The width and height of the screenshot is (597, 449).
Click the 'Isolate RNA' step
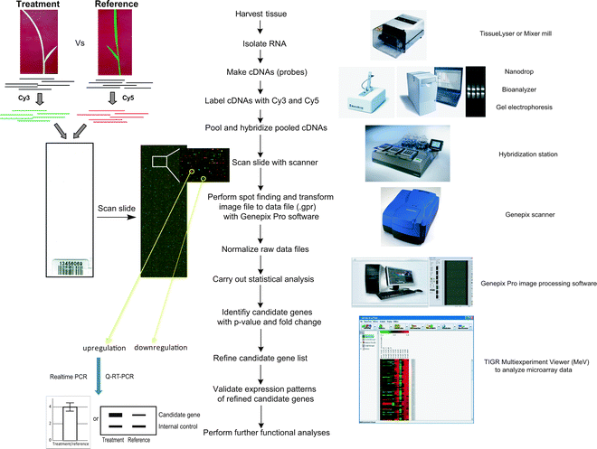pyautogui.click(x=260, y=42)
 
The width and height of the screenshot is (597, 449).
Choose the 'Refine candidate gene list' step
pyautogui.click(x=260, y=356)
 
